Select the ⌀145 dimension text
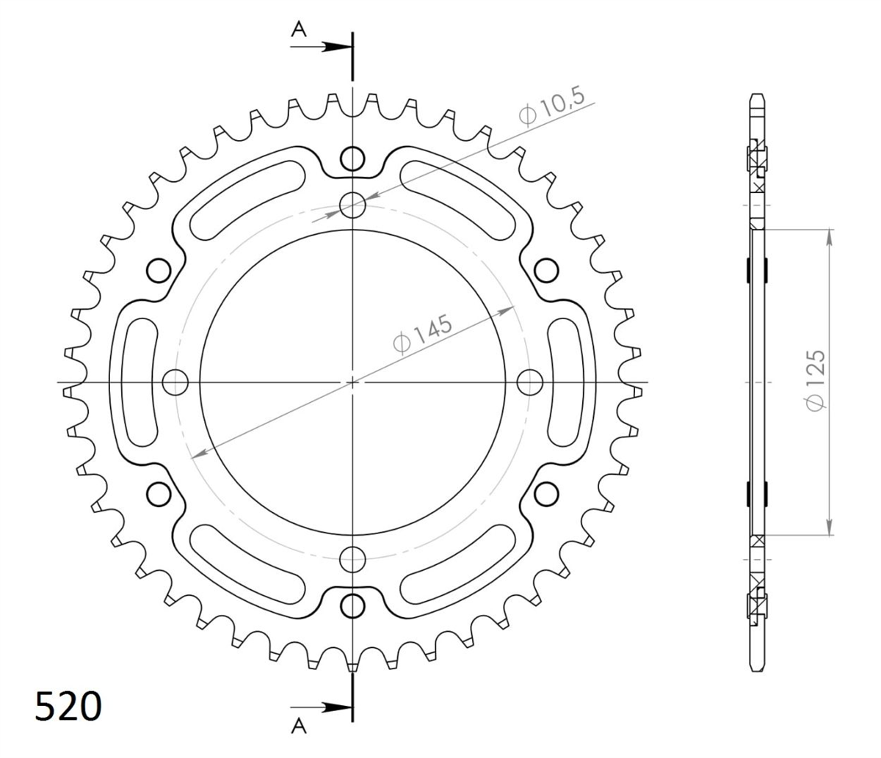422,335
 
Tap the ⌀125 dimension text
816,381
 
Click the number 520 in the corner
68,707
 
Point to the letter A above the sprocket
299,30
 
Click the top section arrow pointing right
322,47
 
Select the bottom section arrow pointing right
322,708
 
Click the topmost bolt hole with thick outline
352,158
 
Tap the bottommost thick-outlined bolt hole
352,605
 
